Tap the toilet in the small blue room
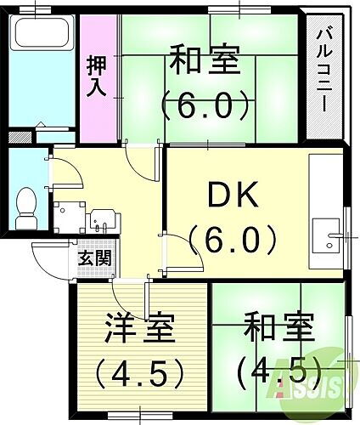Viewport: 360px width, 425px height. [27, 201]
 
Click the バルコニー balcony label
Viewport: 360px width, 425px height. [323, 72]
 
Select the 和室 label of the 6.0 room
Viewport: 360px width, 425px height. [204, 64]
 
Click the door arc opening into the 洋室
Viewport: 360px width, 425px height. [127, 299]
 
